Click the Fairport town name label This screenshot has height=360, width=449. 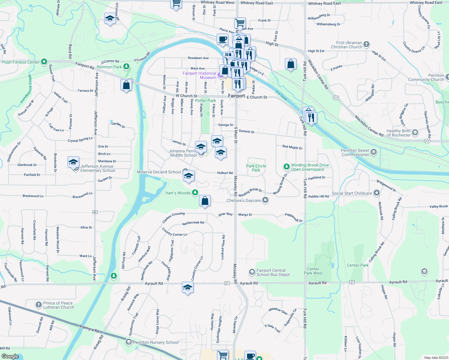[237, 96]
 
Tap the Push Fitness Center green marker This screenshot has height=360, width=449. [44, 62]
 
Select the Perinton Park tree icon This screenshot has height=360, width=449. [127, 66]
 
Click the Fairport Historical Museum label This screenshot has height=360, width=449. [200, 75]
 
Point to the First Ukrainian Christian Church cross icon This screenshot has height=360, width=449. [366, 45]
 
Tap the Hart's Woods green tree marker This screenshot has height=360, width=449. [195, 192]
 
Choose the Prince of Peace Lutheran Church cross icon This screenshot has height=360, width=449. [38, 305]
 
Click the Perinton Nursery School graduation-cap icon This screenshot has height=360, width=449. [129, 342]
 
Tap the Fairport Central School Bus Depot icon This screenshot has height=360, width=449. [252, 272]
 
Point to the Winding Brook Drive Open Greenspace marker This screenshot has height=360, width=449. [287, 166]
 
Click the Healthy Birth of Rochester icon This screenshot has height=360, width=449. [415, 132]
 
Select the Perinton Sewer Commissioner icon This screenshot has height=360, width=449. [374, 152]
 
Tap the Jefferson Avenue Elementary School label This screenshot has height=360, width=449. [98, 168]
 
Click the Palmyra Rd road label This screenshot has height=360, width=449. [89, 328]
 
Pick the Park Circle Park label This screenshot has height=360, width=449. [256, 168]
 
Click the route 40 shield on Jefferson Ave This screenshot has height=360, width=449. [95, 212]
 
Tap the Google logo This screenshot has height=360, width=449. [10, 356]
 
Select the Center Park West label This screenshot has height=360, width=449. [313, 271]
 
